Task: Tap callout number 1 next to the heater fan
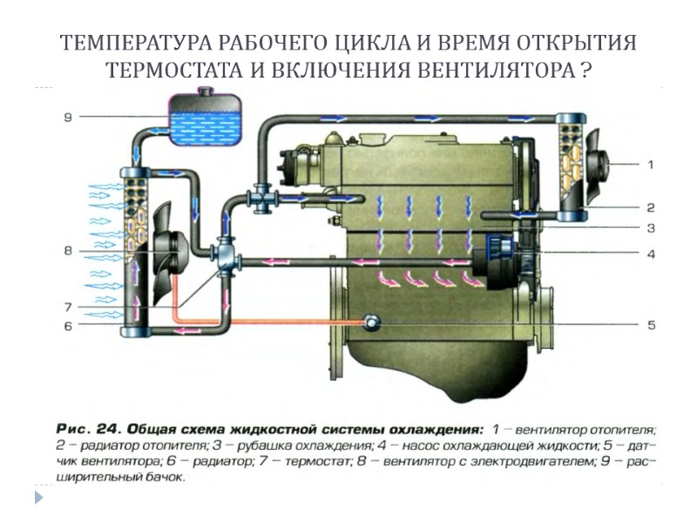pos(649,163)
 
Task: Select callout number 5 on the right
pos(650,325)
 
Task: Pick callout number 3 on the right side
pos(650,228)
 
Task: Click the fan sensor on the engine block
pos(373,323)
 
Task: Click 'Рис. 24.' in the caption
pos(87,430)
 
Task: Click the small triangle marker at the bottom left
pos(37,498)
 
